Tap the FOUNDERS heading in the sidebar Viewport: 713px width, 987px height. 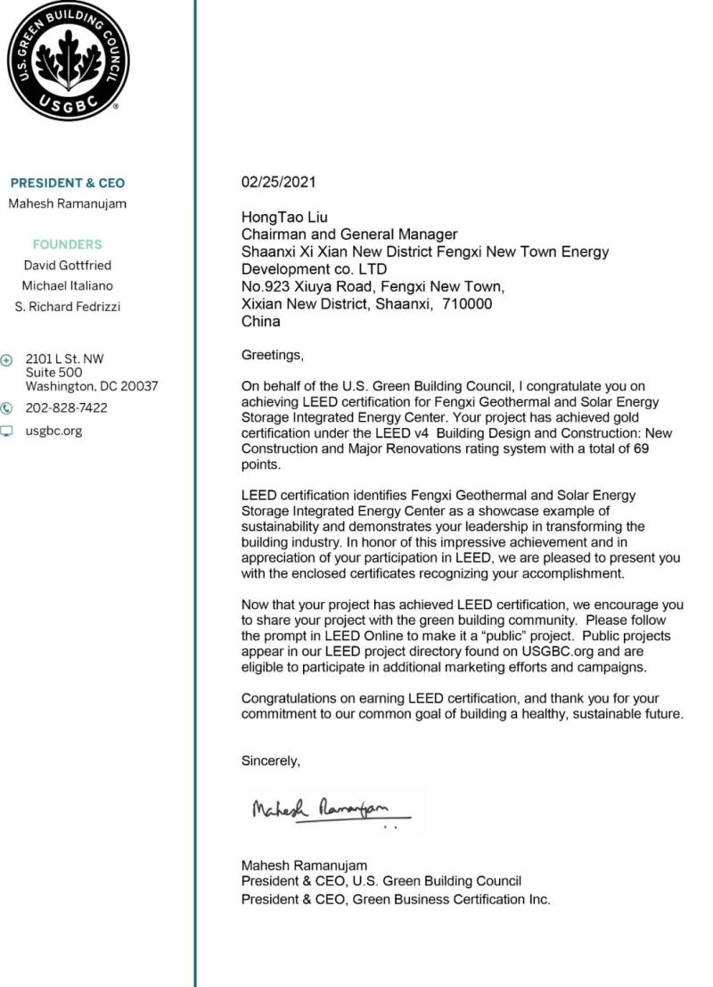pyautogui.click(x=67, y=244)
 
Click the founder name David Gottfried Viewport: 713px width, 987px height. pyautogui.click(x=68, y=265)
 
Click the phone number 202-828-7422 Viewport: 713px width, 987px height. pyautogui.click(x=66, y=408)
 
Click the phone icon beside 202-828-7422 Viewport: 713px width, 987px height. pyautogui.click(x=8, y=408)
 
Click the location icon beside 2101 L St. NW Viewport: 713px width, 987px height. pyautogui.click(x=8, y=359)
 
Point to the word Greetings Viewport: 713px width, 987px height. pyautogui.click(x=273, y=355)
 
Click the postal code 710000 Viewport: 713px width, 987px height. pyautogui.click(x=467, y=303)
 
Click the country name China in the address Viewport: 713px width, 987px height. pyautogui.click(x=261, y=321)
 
